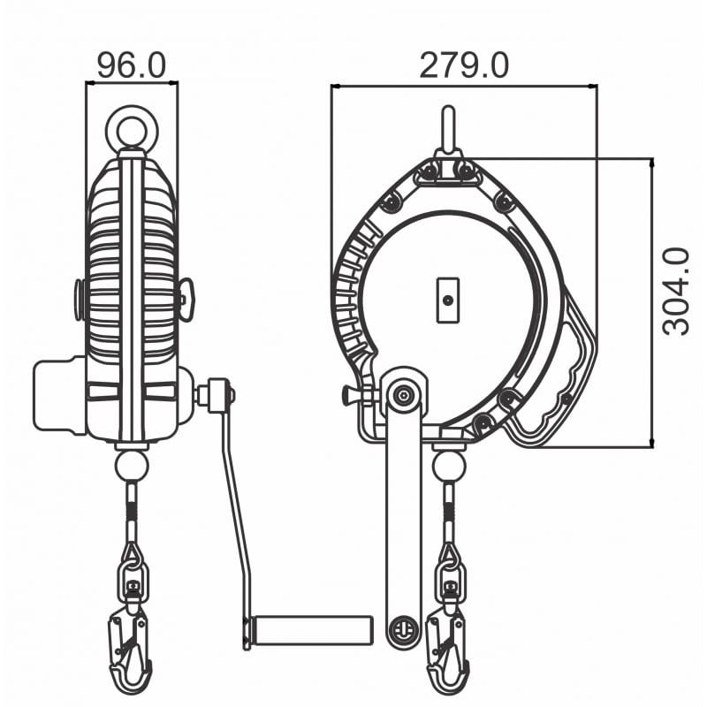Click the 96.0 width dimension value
[x=132, y=65]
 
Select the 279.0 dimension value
[x=464, y=65]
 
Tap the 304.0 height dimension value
[x=676, y=292]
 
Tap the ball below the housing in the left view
[x=132, y=468]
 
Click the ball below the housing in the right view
[x=449, y=468]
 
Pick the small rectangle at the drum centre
[x=448, y=300]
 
